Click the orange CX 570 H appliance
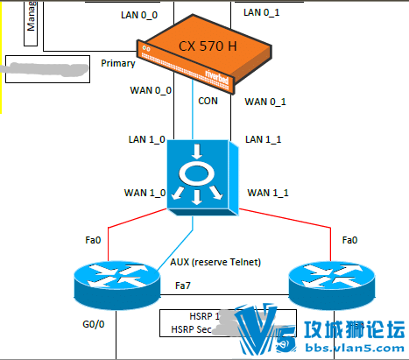coord(200,54)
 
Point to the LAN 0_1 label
coord(263,12)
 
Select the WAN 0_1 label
coord(266,102)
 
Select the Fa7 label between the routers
coord(183,286)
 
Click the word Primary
coord(118,63)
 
